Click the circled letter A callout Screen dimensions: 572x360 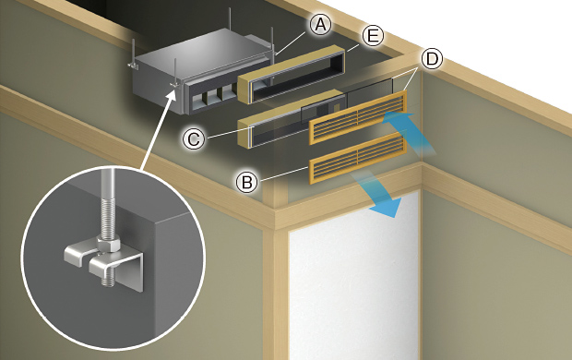click(x=320, y=25)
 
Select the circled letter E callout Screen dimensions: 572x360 click(x=373, y=37)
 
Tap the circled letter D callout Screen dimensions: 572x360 click(x=432, y=59)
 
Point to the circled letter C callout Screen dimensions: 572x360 click(x=194, y=138)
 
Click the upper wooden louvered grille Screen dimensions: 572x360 click(x=358, y=117)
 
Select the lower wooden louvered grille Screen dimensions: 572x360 click(x=358, y=158)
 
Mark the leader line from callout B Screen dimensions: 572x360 click(x=283, y=174)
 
